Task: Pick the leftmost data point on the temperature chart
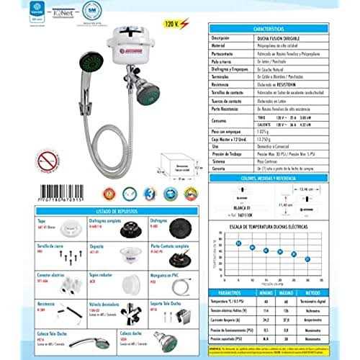(x=238, y=243)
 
